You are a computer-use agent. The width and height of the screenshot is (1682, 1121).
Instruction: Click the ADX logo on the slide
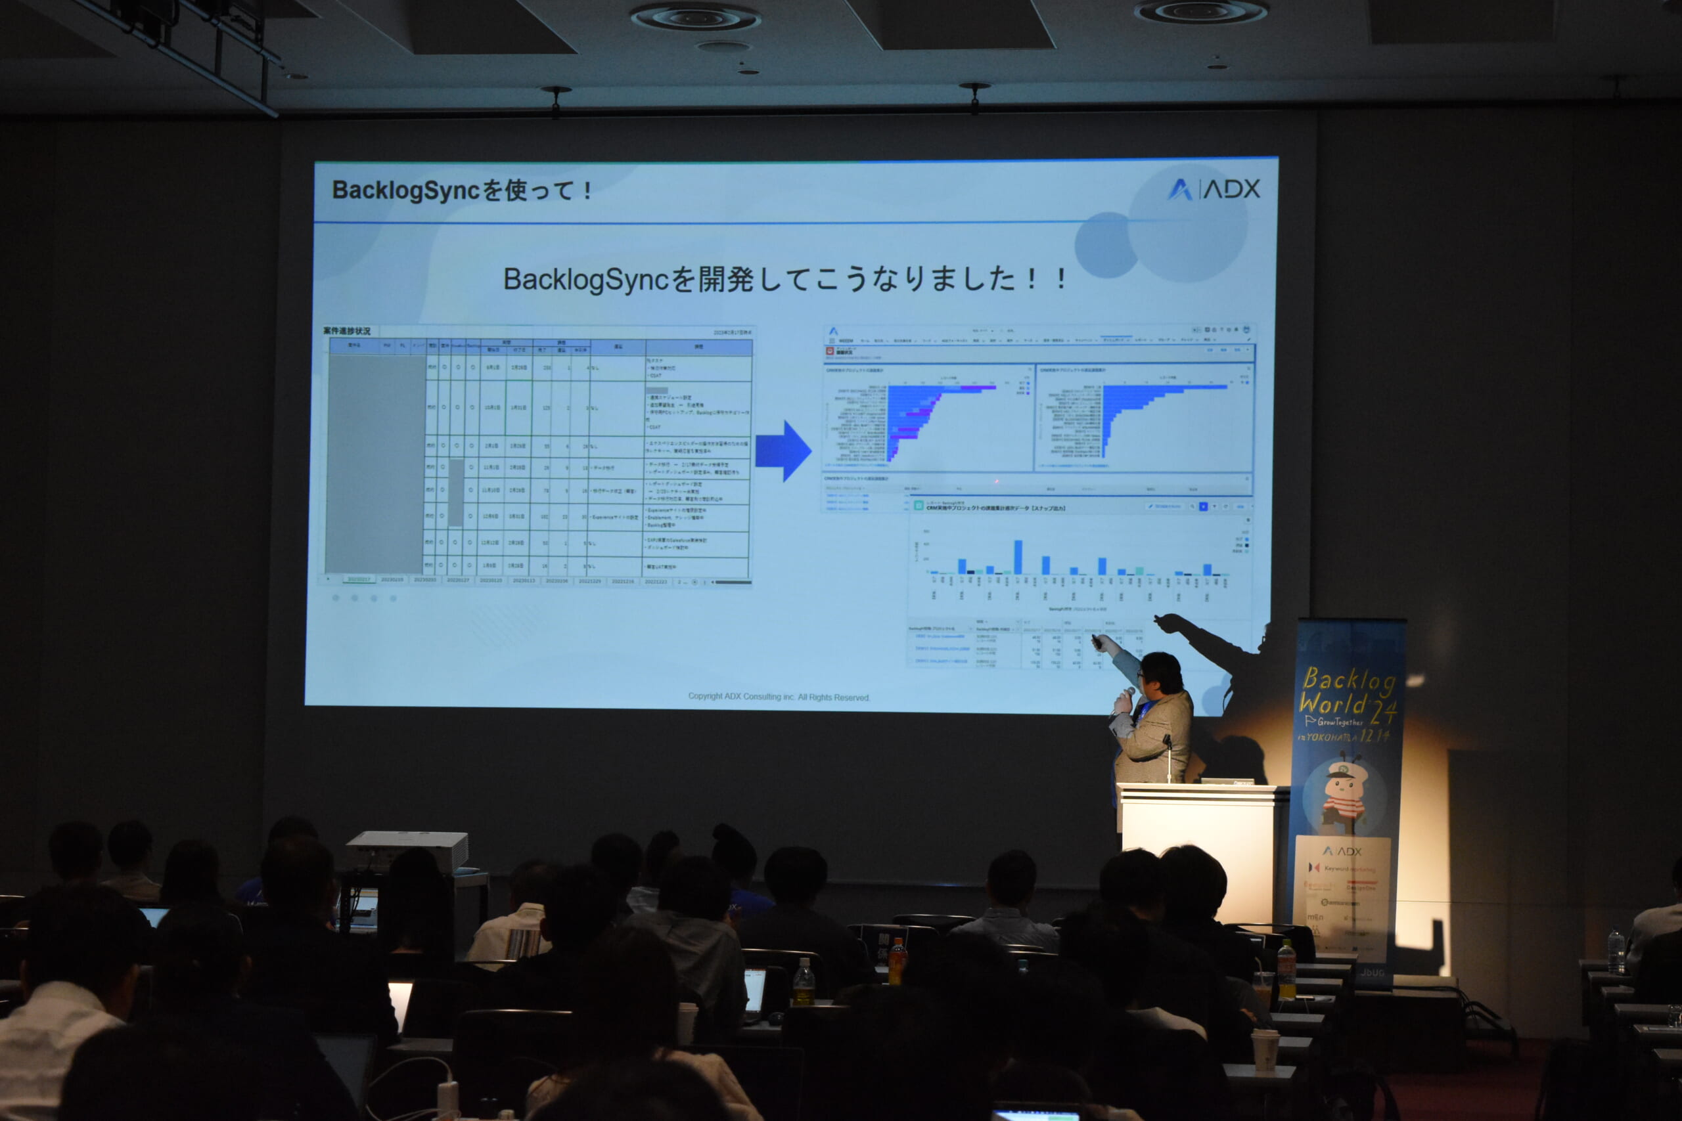(1214, 188)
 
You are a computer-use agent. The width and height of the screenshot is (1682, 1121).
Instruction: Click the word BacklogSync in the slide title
(405, 191)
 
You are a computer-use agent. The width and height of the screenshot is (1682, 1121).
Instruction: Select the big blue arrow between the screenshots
(783, 451)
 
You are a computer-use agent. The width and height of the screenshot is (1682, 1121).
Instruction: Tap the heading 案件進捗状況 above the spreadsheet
(347, 331)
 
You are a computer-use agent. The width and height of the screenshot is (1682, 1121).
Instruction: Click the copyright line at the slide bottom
(778, 696)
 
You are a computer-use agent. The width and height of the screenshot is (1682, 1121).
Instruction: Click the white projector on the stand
(407, 850)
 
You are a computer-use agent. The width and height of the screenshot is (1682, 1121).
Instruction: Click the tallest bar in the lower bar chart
(1018, 557)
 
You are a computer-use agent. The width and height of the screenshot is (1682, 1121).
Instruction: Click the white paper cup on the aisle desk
(1264, 1049)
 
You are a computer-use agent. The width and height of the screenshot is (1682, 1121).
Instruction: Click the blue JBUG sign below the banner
(1373, 973)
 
